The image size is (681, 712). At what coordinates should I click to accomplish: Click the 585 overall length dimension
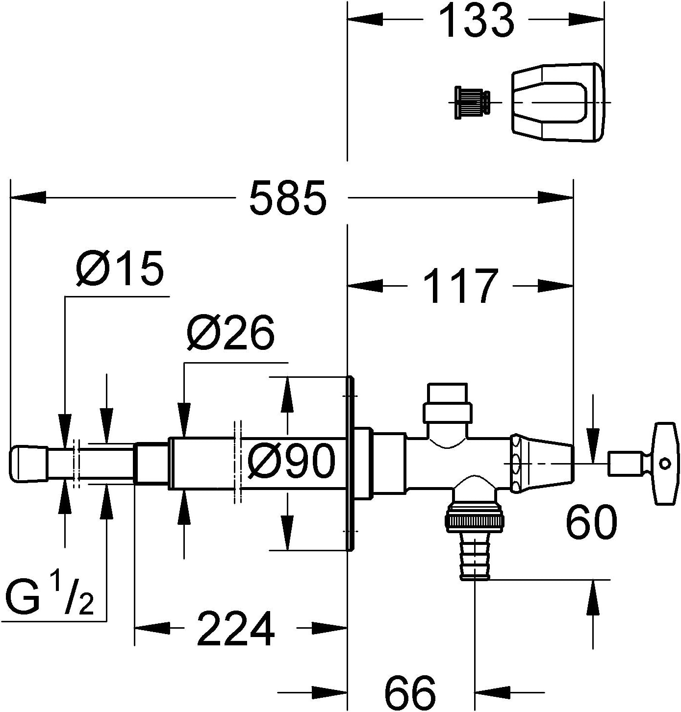pos(288,198)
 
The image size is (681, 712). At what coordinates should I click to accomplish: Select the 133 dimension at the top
pos(476,21)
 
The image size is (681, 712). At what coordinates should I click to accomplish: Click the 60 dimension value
pos(590,523)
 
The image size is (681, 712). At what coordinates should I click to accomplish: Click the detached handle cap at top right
pos(558,102)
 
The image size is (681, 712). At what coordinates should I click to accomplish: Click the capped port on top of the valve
pos(448,403)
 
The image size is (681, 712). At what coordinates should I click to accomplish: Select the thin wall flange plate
pos(350,463)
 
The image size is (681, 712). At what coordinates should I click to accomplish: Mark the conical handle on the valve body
pos(542,463)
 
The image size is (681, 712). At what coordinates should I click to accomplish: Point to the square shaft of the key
pos(625,463)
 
